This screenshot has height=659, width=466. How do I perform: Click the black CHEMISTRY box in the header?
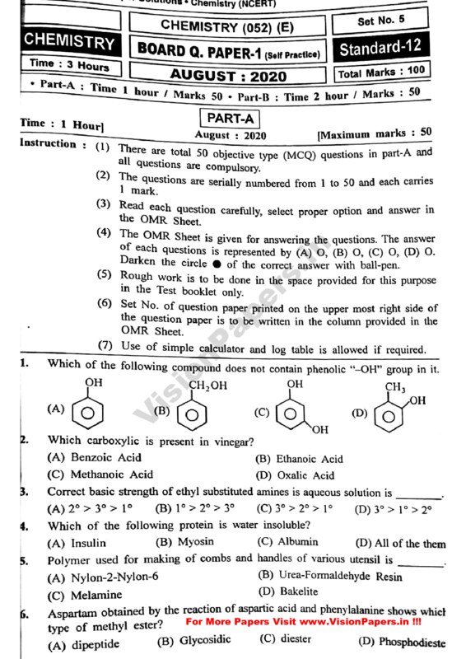coord(68,41)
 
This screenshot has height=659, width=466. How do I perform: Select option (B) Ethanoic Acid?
coord(299,459)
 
